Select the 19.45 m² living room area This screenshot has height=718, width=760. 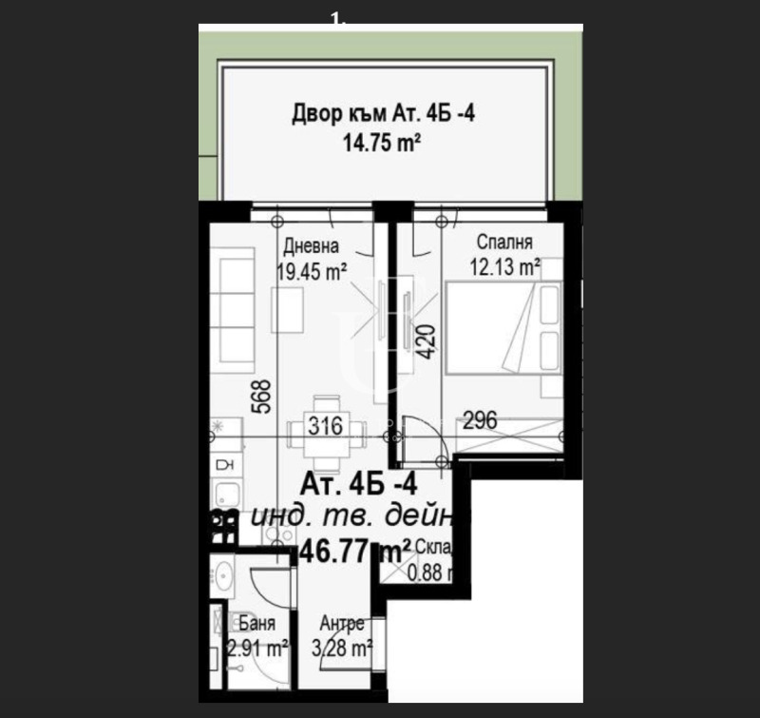point(311,271)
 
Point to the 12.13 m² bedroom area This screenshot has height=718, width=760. point(504,267)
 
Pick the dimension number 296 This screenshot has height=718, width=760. point(480,420)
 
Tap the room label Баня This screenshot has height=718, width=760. point(257,625)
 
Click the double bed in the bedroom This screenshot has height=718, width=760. point(503,332)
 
